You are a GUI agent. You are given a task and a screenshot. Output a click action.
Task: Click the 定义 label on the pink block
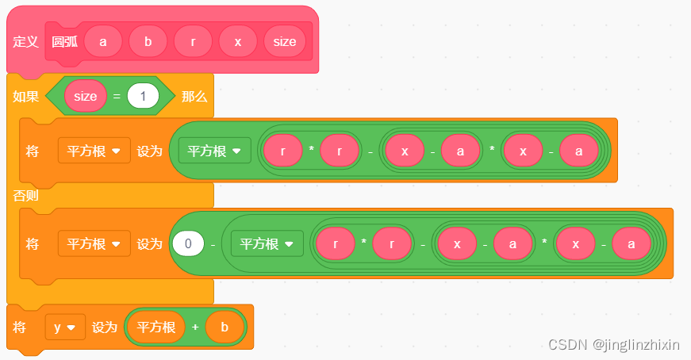tap(26, 41)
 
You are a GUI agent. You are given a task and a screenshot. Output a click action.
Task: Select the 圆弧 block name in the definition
tap(64, 41)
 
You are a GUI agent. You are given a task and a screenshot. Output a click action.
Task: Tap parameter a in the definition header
tap(103, 41)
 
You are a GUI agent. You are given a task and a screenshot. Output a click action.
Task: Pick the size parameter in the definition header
tap(284, 41)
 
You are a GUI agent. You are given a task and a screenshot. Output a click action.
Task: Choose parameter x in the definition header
tap(238, 41)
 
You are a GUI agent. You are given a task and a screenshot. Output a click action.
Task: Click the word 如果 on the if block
tap(25, 97)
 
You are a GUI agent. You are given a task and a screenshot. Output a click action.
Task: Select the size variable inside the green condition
tap(85, 97)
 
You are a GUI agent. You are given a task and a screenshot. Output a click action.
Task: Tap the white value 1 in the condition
tap(143, 97)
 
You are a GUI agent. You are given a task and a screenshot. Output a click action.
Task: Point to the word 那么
tap(194, 97)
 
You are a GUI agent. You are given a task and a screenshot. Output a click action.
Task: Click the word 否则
tap(25, 195)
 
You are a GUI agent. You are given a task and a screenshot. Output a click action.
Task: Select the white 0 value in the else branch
tap(189, 243)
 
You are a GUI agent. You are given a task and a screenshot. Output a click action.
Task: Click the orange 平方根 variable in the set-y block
tap(155, 327)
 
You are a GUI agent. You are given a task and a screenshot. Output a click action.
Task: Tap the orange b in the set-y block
tap(224, 327)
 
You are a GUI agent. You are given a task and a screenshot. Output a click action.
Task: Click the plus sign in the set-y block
tap(195, 327)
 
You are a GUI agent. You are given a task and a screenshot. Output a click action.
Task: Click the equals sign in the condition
tap(115, 97)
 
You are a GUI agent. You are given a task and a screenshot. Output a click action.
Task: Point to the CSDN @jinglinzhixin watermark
tap(614, 345)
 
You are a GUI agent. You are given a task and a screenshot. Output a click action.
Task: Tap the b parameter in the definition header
tap(148, 41)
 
